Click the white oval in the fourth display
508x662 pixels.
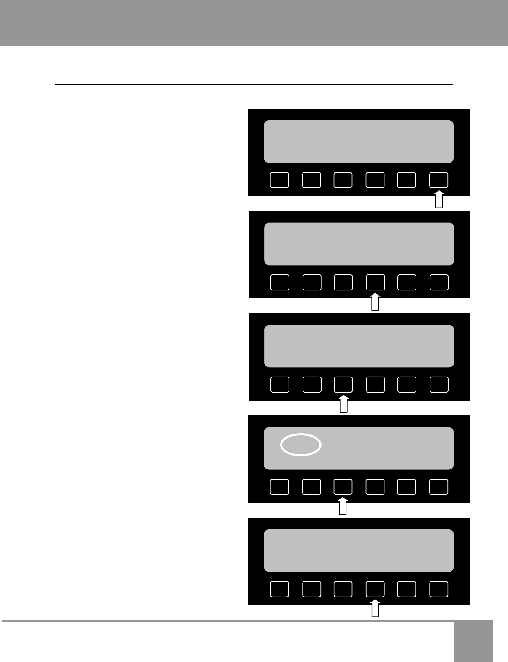click(301, 445)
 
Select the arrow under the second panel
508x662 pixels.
click(375, 302)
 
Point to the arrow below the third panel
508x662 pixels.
click(344, 404)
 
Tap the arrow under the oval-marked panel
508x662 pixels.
click(343, 507)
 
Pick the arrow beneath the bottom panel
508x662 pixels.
click(375, 609)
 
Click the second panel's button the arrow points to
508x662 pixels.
click(375, 282)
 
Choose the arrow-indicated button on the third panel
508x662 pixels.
click(343, 385)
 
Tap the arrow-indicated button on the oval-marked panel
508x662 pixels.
click(343, 487)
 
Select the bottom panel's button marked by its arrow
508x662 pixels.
click(375, 589)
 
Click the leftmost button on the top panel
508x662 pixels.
click(279, 180)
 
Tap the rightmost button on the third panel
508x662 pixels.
click(439, 385)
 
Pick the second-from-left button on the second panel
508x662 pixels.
click(312, 282)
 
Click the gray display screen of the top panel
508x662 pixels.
click(359, 141)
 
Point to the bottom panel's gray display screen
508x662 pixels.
click(359, 551)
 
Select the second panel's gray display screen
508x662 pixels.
click(359, 244)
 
